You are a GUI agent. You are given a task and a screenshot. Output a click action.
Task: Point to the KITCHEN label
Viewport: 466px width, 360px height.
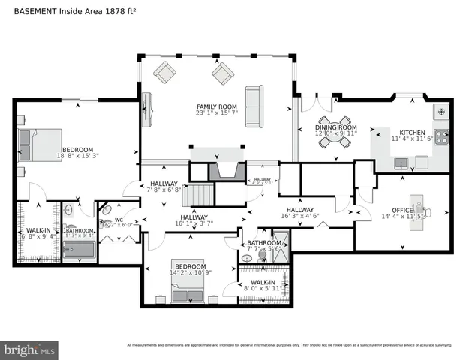click(x=412, y=132)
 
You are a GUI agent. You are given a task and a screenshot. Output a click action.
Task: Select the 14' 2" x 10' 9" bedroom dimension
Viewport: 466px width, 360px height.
click(x=191, y=274)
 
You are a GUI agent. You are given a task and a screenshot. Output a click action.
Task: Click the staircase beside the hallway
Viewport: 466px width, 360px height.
click(x=200, y=196)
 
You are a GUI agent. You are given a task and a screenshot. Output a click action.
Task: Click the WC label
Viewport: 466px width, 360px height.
click(x=119, y=220)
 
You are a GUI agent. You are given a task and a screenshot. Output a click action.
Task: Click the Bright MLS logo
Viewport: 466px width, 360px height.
click(x=30, y=349)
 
